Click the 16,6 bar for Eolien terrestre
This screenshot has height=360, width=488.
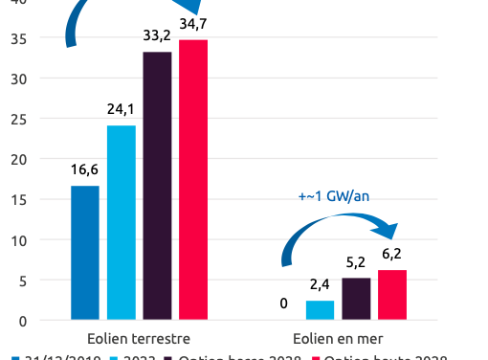[x=85, y=253]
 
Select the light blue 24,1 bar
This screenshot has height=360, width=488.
[x=122, y=222]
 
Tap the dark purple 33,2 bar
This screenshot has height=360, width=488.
[x=157, y=186]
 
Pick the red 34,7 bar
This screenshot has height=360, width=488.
[x=193, y=180]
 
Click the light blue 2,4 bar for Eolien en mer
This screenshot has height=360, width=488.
[x=321, y=310]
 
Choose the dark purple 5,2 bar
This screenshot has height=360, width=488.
[x=357, y=299]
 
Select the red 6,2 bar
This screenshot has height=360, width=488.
[x=392, y=295]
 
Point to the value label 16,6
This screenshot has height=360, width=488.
[x=85, y=170]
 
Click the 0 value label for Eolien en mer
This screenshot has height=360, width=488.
[x=284, y=304]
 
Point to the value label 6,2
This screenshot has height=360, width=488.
[x=392, y=255]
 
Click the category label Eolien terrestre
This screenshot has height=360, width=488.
[x=139, y=339]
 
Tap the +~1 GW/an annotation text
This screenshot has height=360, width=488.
[x=334, y=198]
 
